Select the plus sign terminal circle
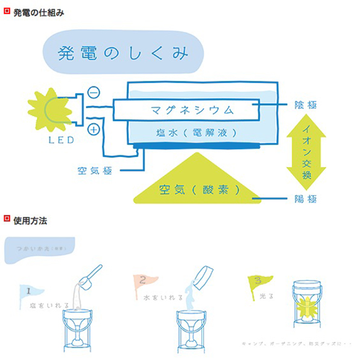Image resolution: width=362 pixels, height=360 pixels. coord(94,129)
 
